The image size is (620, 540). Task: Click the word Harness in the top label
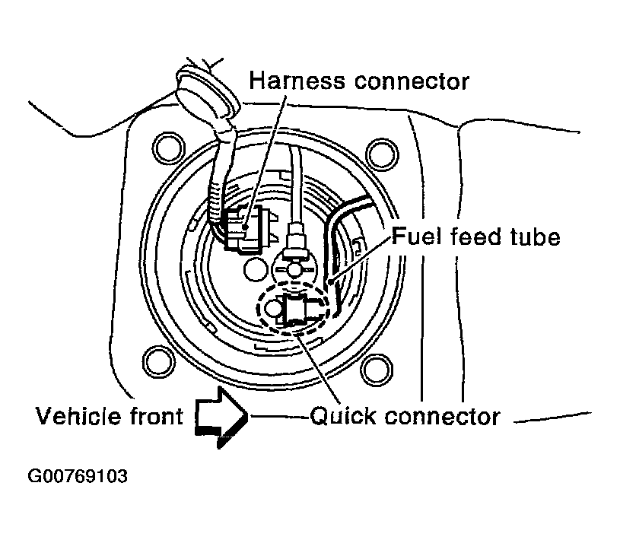tap(297, 81)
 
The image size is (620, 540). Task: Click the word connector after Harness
tap(412, 82)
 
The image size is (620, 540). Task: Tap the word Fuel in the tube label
tap(416, 237)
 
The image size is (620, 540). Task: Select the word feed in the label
tap(475, 237)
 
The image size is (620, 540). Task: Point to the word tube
tap(535, 237)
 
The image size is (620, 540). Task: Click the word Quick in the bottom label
tap(342, 416)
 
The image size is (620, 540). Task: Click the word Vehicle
tap(78, 416)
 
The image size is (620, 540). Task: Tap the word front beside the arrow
tap(156, 416)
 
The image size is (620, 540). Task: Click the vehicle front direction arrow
tap(221, 418)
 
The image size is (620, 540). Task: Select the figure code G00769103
tap(78, 476)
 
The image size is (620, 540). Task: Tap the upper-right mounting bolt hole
tap(382, 154)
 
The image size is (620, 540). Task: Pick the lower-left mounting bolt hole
tap(158, 362)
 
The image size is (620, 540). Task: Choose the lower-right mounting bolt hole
tap(377, 370)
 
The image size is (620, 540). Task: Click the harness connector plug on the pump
tap(244, 228)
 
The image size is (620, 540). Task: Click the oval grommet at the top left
tap(208, 94)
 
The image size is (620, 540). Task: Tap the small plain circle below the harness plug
tap(256, 269)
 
